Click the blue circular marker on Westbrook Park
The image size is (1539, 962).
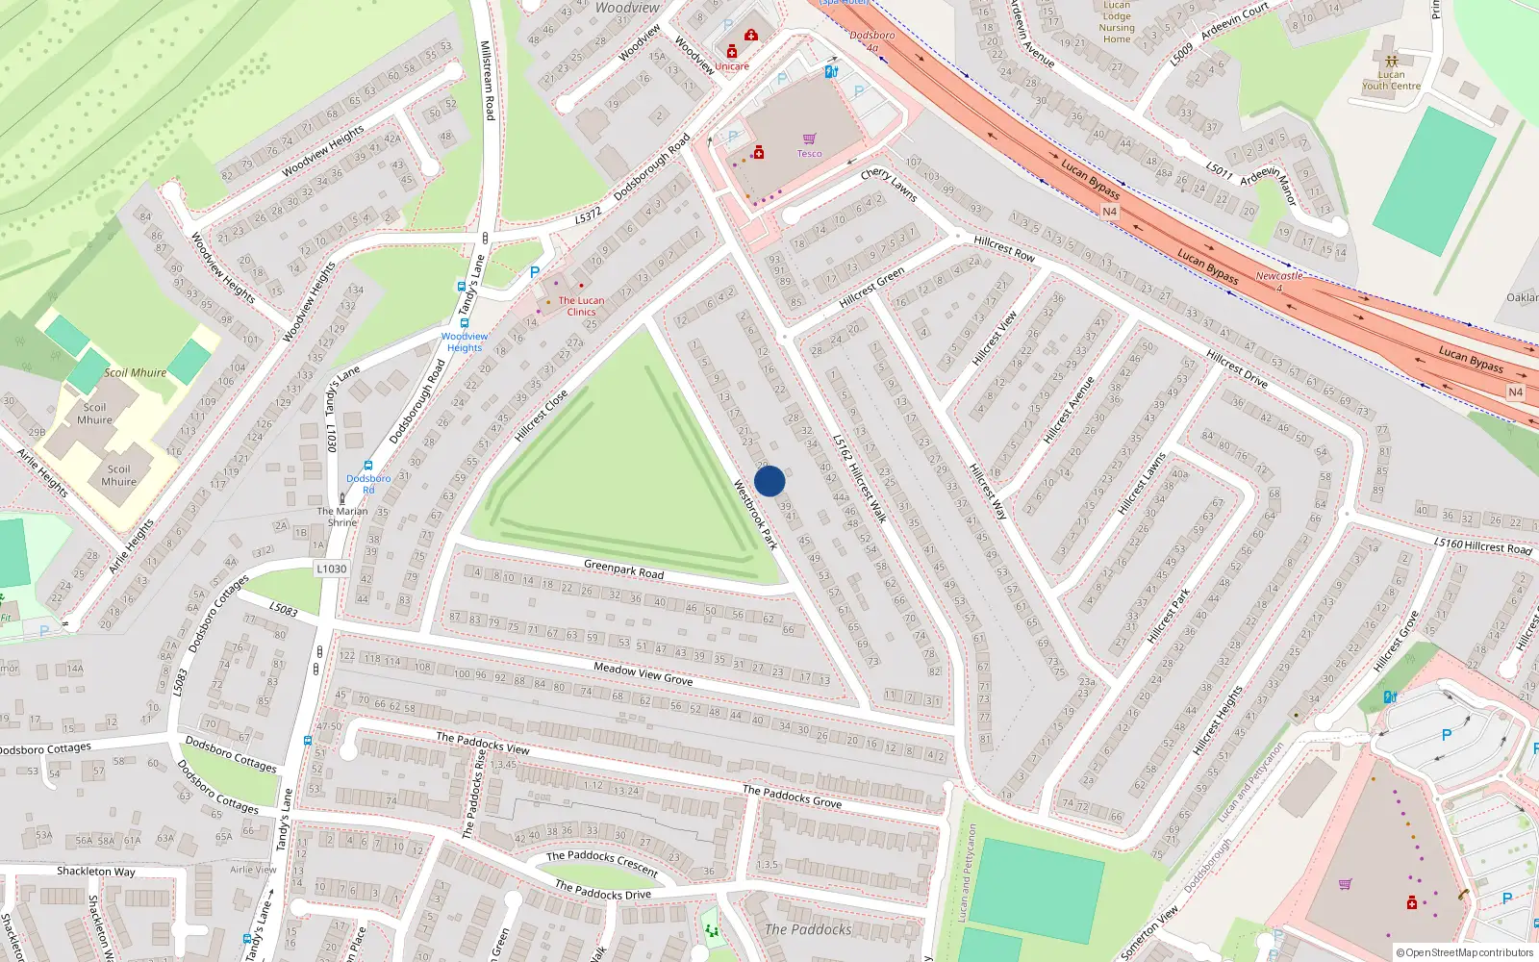(x=769, y=481)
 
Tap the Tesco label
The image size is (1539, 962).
(x=809, y=154)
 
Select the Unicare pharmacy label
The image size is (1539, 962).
(x=731, y=66)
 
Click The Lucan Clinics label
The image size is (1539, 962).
(x=581, y=306)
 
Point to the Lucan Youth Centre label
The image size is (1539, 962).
(x=1391, y=80)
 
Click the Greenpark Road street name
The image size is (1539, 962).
(x=623, y=570)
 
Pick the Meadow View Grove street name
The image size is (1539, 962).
(x=643, y=673)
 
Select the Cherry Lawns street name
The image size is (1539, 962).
(x=888, y=184)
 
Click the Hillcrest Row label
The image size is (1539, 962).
(x=1004, y=248)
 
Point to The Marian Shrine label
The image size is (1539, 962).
(x=342, y=517)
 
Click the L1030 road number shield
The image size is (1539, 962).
(x=331, y=570)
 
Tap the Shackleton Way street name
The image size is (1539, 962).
(x=96, y=872)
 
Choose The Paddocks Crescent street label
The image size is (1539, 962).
(x=602, y=862)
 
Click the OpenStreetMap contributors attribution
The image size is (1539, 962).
(x=1464, y=953)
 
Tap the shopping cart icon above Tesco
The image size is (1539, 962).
(x=809, y=139)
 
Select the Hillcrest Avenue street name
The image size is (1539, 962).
(x=1069, y=410)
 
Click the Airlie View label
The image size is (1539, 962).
(x=253, y=870)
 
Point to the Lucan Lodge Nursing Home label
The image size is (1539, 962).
(x=1117, y=22)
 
